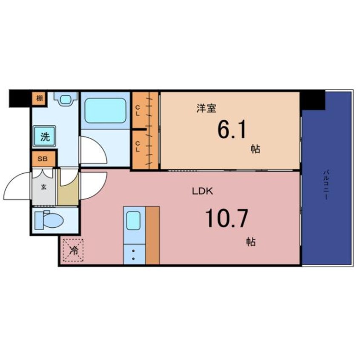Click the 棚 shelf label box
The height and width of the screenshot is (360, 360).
(40, 99)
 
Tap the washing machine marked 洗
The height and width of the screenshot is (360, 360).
(45, 136)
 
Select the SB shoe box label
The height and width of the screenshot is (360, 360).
(43, 159)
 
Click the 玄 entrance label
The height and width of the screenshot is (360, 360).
(44, 187)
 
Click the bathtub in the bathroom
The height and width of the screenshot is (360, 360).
(106, 111)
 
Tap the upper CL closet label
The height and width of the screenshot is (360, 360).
(138, 111)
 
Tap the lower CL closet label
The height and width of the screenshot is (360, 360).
(138, 146)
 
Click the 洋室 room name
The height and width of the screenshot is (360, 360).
(206, 109)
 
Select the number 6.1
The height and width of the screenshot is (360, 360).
(231, 130)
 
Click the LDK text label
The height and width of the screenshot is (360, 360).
(203, 191)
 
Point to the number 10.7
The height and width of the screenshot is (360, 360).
(226, 218)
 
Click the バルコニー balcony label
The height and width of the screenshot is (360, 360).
(326, 185)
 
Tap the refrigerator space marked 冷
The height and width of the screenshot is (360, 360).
(73, 250)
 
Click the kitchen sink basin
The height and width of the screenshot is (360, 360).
(133, 220)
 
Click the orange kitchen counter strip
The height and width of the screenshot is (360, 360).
(153, 235)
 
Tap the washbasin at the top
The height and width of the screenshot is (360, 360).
(66, 99)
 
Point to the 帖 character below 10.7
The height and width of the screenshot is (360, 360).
(251, 242)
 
